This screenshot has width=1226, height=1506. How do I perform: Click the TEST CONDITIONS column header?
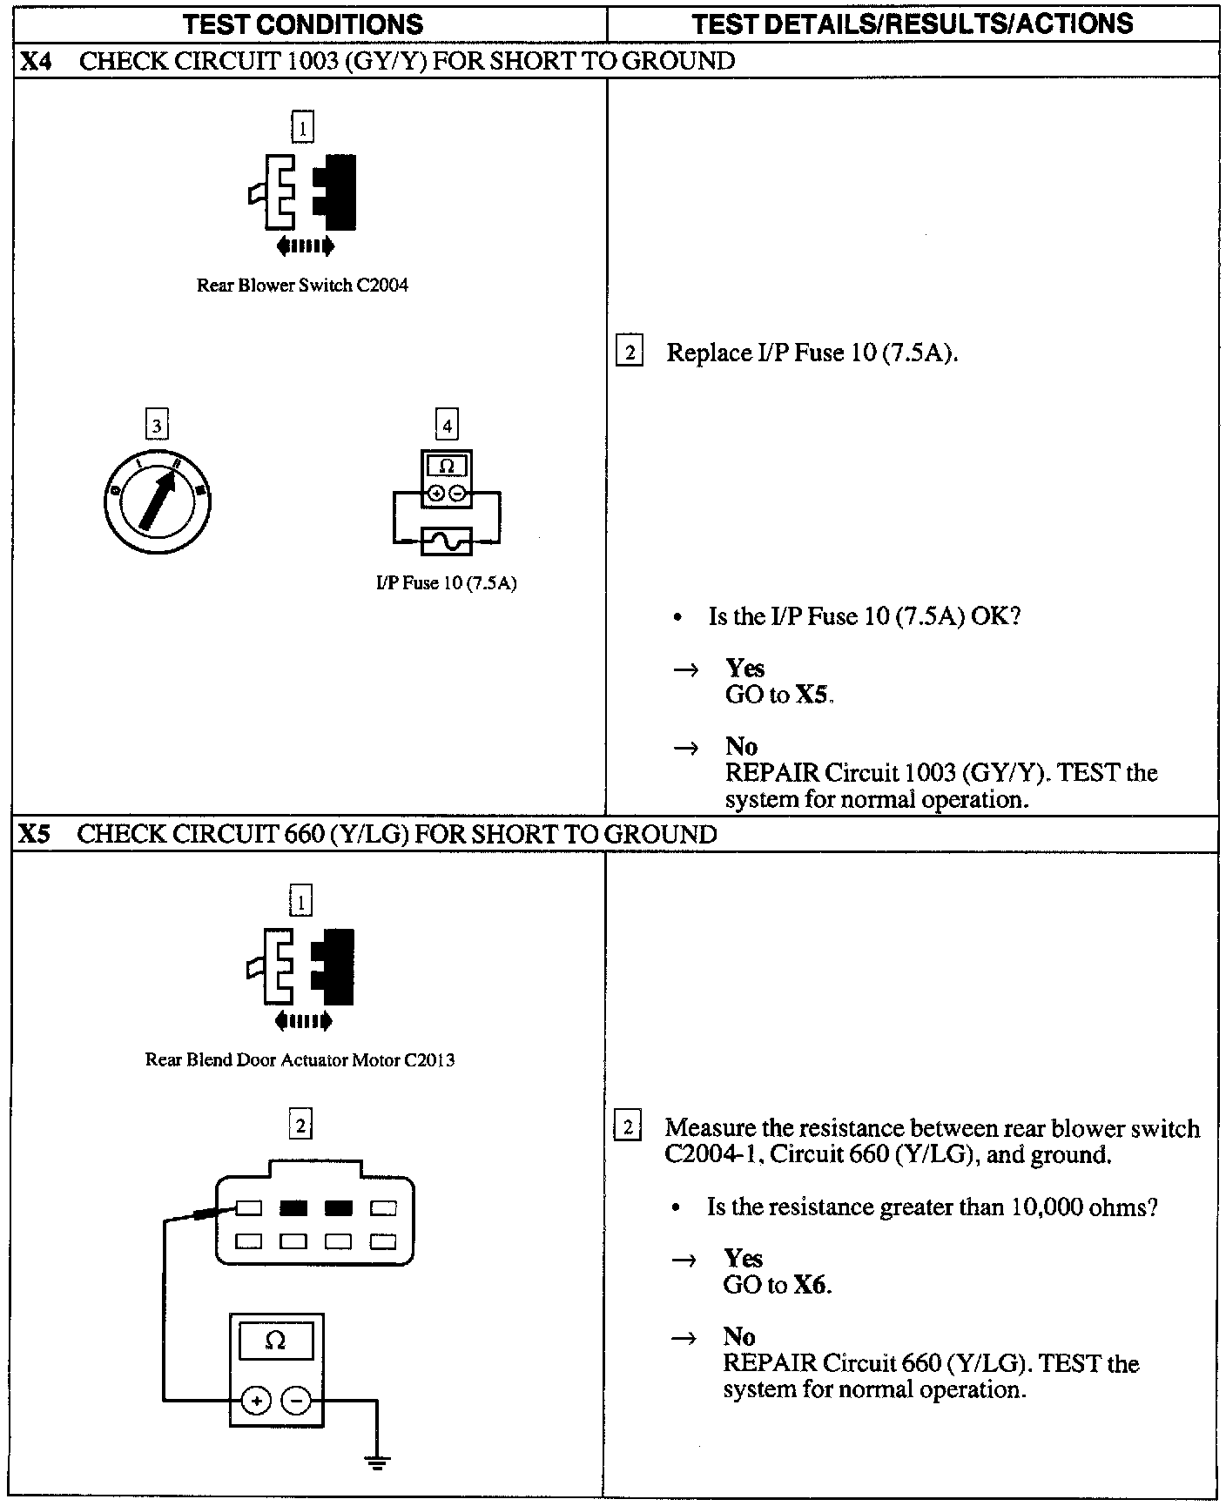303,24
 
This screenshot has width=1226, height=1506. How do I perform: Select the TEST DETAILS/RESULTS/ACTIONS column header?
912,24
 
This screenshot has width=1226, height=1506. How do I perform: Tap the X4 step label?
36,61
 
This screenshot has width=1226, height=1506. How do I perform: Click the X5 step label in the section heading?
35,834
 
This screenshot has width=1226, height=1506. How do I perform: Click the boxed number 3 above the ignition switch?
157,426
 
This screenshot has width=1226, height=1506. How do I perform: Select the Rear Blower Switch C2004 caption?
302,286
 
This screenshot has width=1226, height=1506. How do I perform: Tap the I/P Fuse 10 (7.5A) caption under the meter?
446,583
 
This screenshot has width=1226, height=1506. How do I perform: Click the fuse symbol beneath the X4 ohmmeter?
446,541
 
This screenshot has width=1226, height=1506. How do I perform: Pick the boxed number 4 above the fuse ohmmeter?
447,425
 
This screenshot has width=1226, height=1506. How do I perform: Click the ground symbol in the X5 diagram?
377,1462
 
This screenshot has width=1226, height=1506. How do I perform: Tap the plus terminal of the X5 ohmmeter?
256,1401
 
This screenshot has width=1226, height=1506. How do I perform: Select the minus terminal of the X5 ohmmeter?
296,1401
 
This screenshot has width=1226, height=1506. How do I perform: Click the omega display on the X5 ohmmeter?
276,1341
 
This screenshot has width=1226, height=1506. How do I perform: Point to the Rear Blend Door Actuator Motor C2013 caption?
300,1059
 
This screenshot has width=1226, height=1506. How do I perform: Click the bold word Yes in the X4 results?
744,668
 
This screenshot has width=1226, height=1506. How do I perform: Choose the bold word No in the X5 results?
738,1336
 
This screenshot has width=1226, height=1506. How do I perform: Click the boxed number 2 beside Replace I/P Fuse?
629,353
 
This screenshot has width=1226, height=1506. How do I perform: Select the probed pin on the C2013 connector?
249,1208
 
